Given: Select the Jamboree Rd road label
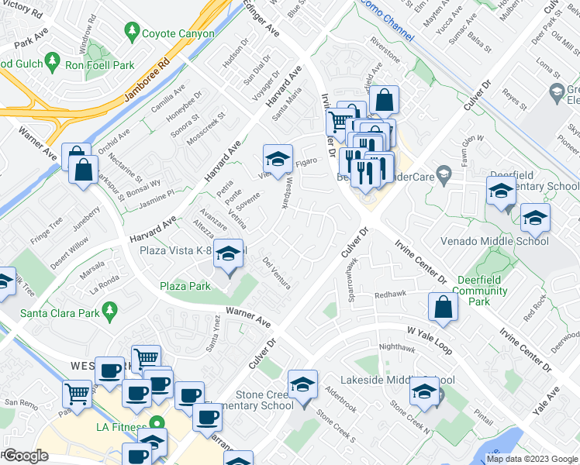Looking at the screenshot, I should (x=147, y=79).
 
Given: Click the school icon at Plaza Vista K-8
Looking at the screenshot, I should (x=228, y=255).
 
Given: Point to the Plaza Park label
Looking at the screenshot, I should (x=185, y=286).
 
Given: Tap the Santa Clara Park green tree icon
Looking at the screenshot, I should (x=110, y=312).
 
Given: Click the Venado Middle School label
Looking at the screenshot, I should (x=495, y=240).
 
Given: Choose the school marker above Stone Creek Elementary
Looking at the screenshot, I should (x=302, y=384).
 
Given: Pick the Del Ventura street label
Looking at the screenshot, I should (x=277, y=272).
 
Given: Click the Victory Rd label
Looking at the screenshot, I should (x=21, y=9).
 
